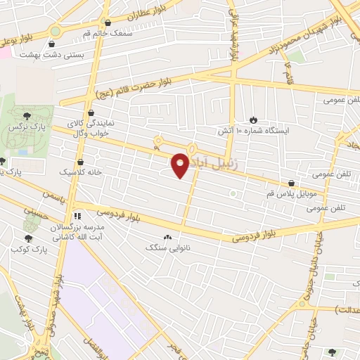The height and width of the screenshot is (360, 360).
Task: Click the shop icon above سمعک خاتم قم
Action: click(107, 22)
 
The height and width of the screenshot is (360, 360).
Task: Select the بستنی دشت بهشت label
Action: click(60, 53)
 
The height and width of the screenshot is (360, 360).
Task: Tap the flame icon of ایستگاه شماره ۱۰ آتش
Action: click(254, 120)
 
